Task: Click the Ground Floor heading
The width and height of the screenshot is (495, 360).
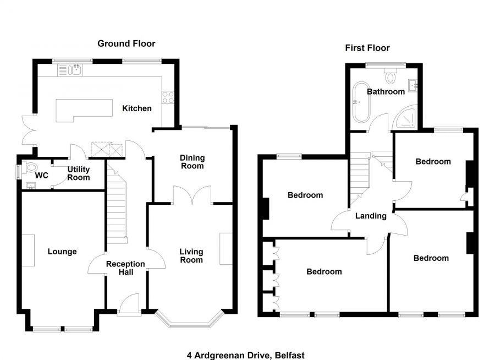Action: coord(127,43)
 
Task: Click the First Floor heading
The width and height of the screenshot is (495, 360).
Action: coord(367,48)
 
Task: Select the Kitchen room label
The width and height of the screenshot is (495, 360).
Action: coord(136,108)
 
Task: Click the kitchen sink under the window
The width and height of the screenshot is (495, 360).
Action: coord(70,70)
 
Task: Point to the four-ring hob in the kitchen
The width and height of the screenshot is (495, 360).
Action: coord(168,97)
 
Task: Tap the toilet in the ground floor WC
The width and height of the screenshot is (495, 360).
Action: coord(31,167)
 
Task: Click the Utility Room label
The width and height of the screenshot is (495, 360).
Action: coord(79,173)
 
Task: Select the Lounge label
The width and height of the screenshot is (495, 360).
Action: coord(62,252)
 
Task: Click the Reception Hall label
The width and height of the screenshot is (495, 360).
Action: coord(125,268)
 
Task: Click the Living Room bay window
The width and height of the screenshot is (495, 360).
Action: coord(190,321)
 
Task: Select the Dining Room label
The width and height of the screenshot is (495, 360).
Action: coord(192,162)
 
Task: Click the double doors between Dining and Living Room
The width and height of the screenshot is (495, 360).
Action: coord(192,195)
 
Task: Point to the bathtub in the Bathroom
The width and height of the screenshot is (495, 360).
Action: coord(362,102)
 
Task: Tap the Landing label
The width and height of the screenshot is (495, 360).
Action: coord(371,216)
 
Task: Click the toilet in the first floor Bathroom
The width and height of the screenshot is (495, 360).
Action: coord(391,77)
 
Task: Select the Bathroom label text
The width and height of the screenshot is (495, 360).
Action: coord(386,91)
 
